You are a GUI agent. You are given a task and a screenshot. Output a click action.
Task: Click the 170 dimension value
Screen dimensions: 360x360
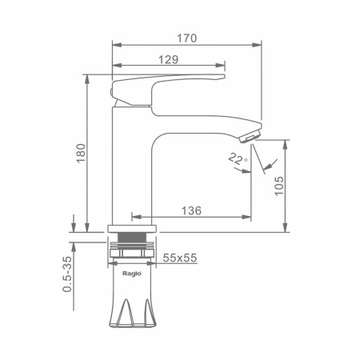click(x=187, y=38)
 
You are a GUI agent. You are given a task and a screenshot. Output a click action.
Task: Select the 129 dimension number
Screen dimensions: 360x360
click(x=168, y=59)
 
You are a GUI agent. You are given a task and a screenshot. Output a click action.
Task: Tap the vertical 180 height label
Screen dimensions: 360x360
click(x=81, y=153)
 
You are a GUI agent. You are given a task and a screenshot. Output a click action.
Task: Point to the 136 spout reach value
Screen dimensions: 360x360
click(x=191, y=210)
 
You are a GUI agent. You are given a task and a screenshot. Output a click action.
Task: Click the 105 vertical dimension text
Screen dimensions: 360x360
click(x=279, y=186)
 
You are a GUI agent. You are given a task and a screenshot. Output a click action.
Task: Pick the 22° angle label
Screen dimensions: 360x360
click(x=238, y=158)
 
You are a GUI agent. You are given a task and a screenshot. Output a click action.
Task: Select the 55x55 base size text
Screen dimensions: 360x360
click(x=180, y=258)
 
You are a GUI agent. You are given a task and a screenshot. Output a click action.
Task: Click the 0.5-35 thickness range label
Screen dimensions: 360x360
click(x=67, y=274)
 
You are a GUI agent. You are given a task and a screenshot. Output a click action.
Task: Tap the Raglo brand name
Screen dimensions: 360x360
click(x=132, y=274)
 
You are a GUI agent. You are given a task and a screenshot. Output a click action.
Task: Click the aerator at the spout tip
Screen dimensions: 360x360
click(x=250, y=137)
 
